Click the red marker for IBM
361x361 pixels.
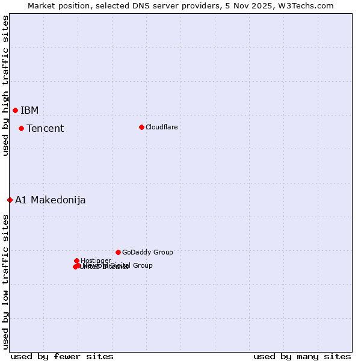(x=15, y=110)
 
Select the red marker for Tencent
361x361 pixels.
(x=21, y=128)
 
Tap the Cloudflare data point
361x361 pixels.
(x=141, y=127)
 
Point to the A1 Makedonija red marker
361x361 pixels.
(x=10, y=200)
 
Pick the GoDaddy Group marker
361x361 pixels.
(x=118, y=252)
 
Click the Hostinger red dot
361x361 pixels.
(x=76, y=261)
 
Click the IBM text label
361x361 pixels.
(x=29, y=110)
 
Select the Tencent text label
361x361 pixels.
(x=45, y=128)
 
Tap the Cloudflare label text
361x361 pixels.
(x=161, y=127)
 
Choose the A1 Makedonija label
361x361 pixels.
(x=50, y=200)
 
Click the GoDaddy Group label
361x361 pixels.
(x=147, y=252)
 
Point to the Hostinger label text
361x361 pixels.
(x=96, y=261)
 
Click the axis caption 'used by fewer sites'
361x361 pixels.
(x=62, y=356)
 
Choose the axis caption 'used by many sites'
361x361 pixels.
(x=302, y=356)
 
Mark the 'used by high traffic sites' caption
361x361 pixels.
(x=5, y=85)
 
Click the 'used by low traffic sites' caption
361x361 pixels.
(x=5, y=281)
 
